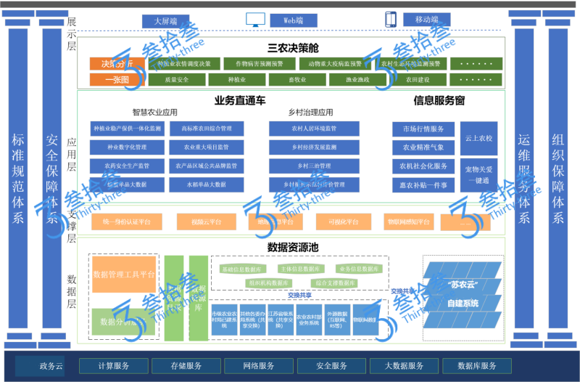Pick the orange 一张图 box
coord(117,80)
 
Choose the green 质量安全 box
coord(177,80)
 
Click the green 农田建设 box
coord(418,80)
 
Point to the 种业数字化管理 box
coord(128,147)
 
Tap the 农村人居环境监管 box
coord(314,129)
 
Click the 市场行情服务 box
coord(423,129)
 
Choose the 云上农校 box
coord(478,138)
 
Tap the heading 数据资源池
coord(293,246)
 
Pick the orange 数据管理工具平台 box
coord(124,275)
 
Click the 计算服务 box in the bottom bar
coord(114,365)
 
